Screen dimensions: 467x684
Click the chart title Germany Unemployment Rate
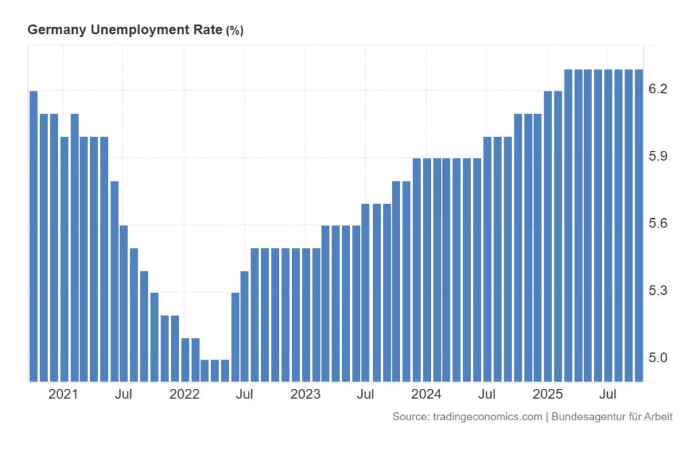point(125,30)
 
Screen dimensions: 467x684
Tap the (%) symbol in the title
point(235,31)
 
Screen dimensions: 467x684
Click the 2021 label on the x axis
point(63,394)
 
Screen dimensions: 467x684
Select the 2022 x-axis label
point(184,394)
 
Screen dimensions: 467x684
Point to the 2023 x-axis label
point(305,394)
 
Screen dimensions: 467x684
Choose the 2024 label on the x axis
point(426,394)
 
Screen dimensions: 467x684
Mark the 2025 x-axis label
point(548,394)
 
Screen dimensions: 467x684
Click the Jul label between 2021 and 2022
point(124,394)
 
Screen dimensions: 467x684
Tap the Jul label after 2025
point(608,394)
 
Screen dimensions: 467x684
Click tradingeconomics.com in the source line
point(487,417)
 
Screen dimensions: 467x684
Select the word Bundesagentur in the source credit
point(586,417)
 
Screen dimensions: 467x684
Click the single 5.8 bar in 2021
point(114,281)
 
